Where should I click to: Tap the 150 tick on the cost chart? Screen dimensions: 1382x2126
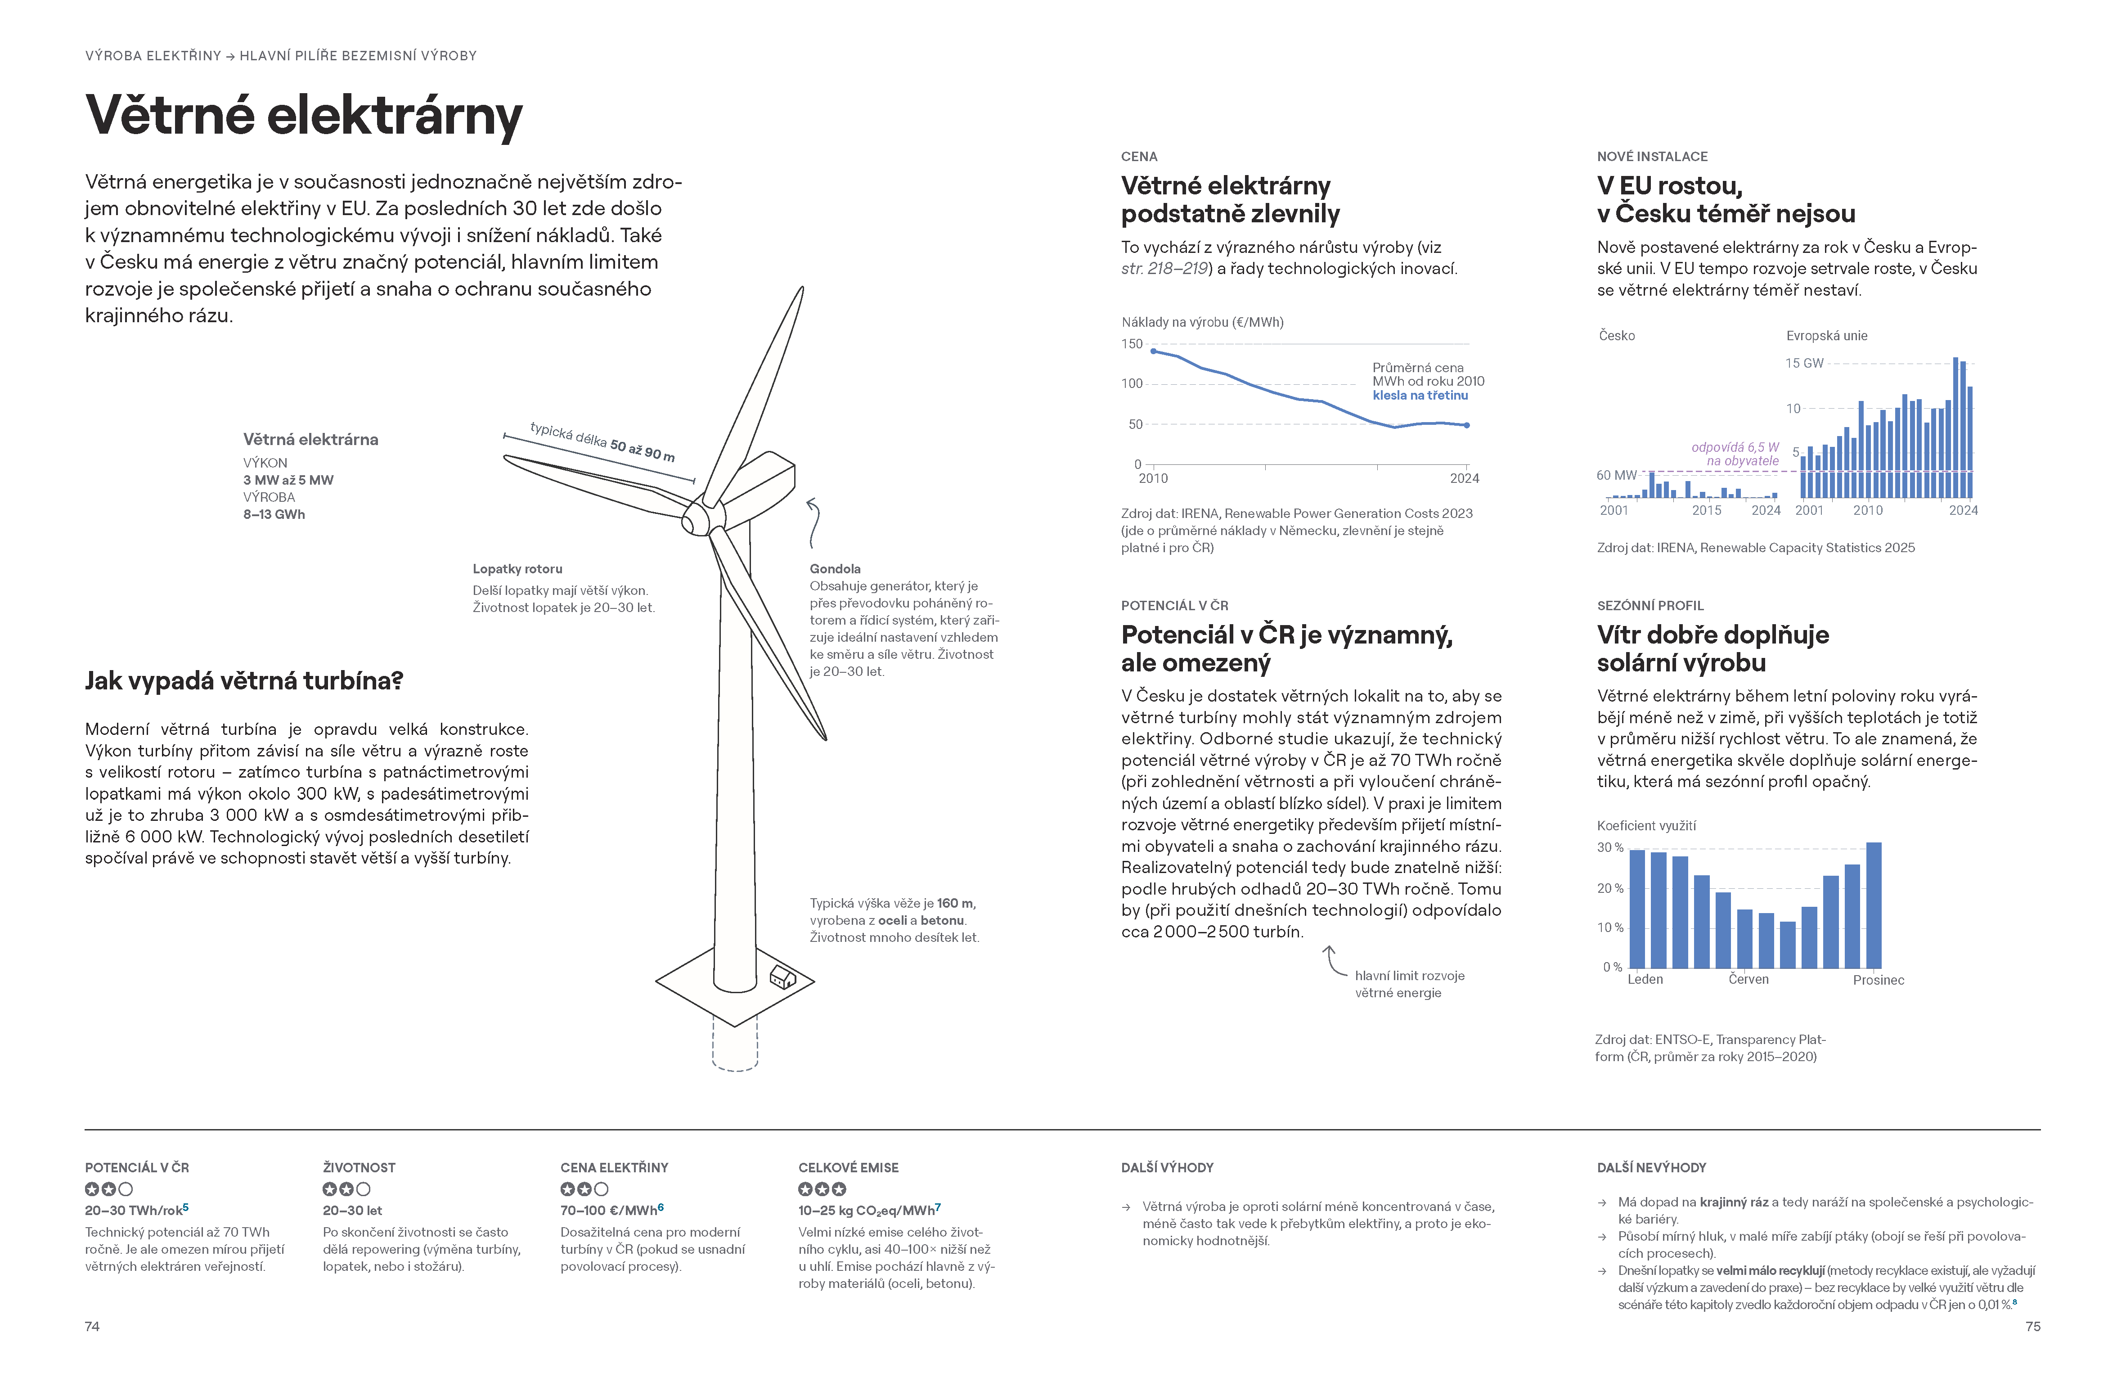[1132, 344]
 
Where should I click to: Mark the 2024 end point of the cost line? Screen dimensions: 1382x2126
[1467, 425]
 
